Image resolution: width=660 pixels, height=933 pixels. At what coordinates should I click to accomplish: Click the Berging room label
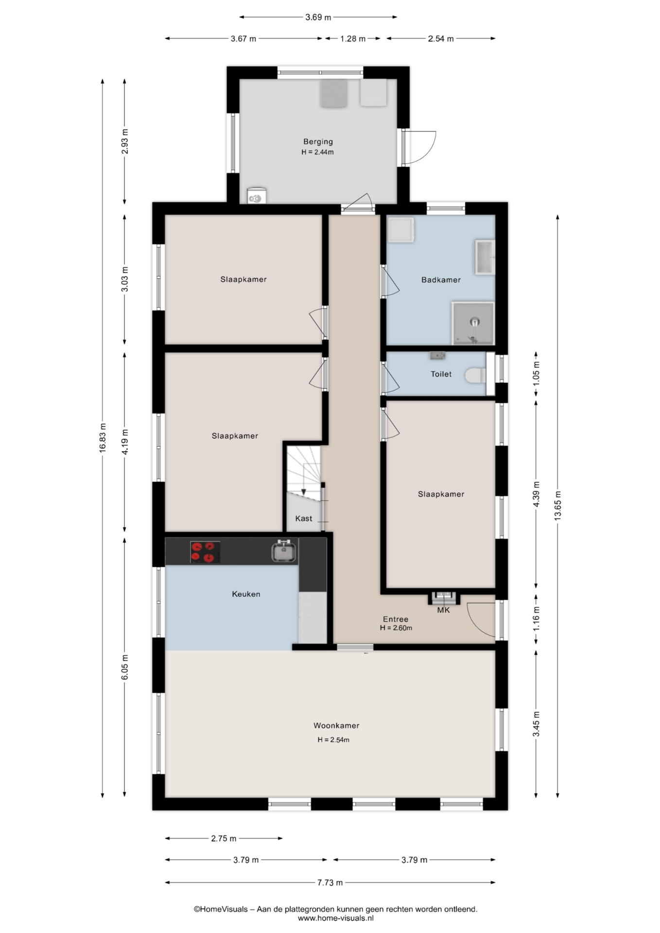point(318,142)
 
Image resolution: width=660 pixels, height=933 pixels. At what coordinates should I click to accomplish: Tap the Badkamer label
point(441,280)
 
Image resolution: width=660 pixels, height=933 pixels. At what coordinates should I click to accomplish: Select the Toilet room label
point(441,374)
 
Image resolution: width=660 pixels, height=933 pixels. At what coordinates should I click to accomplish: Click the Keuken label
point(246,594)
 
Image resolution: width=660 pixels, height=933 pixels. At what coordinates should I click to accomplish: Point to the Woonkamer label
point(336,726)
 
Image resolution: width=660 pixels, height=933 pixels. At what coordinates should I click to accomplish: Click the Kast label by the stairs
point(304,518)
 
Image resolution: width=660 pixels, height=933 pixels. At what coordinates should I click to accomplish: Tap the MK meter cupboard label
point(443,610)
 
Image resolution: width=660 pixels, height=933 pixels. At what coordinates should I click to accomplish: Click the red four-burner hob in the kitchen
point(205,552)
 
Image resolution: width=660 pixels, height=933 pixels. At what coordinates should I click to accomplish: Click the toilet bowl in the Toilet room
point(475,375)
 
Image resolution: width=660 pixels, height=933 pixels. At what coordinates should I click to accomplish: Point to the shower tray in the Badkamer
point(473,323)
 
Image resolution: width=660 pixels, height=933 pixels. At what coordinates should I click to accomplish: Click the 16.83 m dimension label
point(103,438)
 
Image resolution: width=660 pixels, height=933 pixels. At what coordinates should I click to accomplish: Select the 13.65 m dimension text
point(557,505)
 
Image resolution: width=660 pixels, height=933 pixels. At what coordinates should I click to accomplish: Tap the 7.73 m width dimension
point(330,882)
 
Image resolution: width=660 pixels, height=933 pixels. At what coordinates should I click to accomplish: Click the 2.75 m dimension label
point(224,838)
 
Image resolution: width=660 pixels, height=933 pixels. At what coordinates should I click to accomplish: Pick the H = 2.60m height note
point(396,628)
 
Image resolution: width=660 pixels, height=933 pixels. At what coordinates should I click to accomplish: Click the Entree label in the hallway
point(396,619)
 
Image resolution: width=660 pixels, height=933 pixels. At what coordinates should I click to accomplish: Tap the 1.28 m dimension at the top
point(353,39)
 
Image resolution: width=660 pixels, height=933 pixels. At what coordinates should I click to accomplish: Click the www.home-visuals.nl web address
point(336,918)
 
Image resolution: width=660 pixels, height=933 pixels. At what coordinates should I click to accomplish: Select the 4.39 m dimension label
point(537,494)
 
